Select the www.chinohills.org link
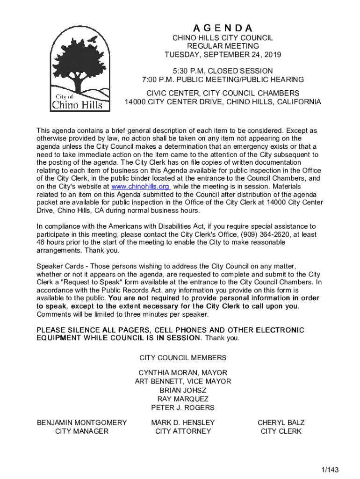click(x=140, y=186)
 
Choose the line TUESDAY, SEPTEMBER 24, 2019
click(x=223, y=55)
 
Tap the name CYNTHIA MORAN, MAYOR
click(x=183, y=373)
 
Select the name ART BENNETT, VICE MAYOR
click(x=183, y=382)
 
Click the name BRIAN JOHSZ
click(x=183, y=390)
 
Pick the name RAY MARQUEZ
click(x=183, y=399)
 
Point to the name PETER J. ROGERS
click(x=183, y=408)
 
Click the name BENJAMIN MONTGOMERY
click(x=82, y=422)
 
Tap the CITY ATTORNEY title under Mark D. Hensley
click(x=183, y=431)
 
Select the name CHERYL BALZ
click(x=281, y=422)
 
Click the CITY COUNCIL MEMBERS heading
click(x=183, y=358)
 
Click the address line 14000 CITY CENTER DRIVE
click(x=223, y=102)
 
